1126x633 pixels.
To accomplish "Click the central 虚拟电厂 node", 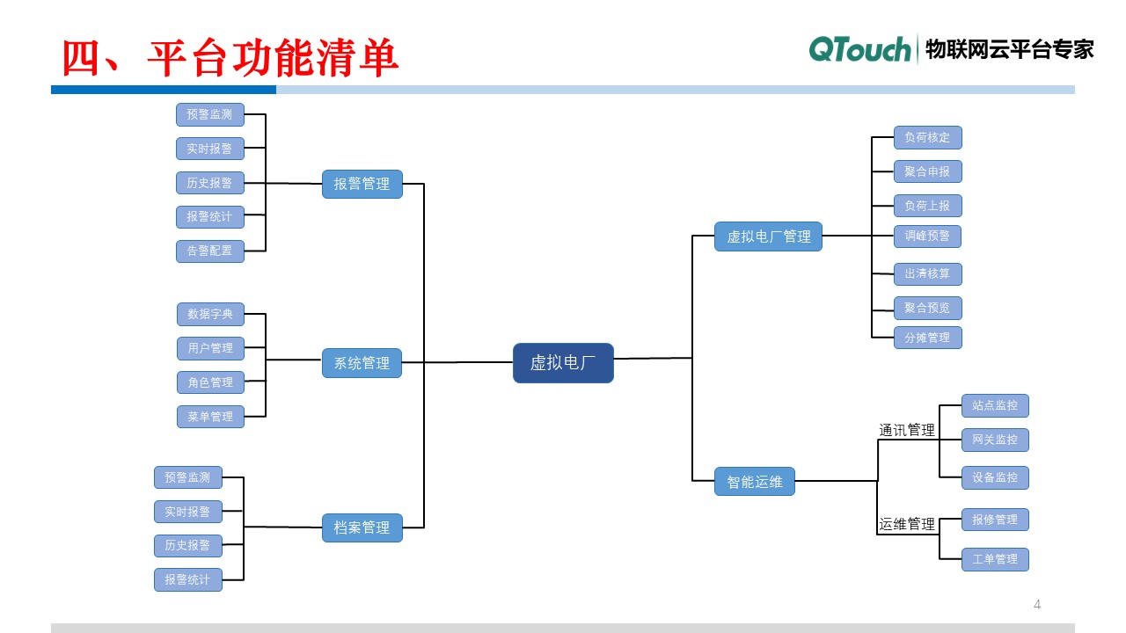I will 563,363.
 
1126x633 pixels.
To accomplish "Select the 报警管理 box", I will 362,184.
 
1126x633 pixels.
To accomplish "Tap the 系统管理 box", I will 362,363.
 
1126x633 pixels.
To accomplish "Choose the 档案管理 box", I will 362,527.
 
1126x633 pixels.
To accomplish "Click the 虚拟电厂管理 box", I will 768,236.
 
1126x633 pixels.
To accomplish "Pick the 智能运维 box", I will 754,481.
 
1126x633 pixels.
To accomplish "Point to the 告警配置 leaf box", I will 209,251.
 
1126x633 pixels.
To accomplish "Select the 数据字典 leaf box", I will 210,314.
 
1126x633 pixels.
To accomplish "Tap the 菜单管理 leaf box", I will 210,417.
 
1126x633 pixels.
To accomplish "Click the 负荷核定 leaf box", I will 927,137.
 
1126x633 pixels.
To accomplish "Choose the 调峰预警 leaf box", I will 927,236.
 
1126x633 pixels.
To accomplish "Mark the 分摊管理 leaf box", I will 927,338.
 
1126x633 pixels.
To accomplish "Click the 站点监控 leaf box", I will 994,405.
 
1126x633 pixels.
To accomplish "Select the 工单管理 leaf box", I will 994,559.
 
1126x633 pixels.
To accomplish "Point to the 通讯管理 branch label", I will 907,430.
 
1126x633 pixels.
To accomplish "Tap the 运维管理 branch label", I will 907,524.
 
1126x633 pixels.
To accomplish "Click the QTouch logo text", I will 859,50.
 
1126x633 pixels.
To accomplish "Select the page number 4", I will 1037,604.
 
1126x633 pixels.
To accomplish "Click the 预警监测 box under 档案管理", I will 187,477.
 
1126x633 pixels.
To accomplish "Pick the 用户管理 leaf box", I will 210,348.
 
